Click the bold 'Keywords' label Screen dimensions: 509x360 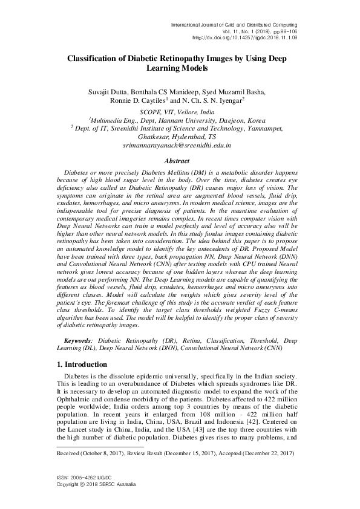[79, 340]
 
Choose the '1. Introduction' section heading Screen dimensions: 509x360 [82, 365]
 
